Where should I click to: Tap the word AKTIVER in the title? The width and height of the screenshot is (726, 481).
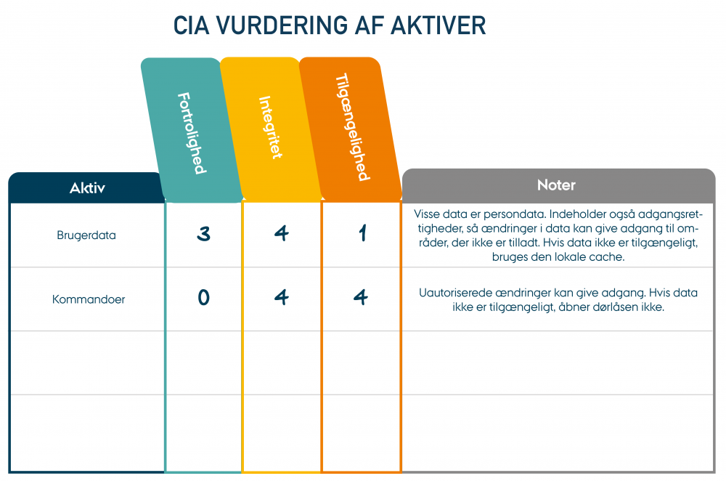[439, 25]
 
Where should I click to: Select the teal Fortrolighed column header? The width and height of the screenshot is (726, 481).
[192, 130]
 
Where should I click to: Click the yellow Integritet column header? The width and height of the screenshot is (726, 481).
[270, 129]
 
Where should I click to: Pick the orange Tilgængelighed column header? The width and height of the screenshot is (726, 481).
[350, 129]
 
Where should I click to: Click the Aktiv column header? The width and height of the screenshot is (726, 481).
[87, 187]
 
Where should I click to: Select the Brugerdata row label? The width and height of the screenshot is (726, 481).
[86, 235]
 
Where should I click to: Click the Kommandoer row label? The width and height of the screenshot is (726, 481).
[89, 299]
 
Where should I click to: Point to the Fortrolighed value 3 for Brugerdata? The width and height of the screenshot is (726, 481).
[204, 233]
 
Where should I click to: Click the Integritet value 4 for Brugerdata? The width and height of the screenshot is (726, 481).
[282, 233]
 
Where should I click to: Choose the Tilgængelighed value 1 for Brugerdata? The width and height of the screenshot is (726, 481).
[362, 233]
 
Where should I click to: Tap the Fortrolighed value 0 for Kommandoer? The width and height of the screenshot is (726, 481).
[204, 297]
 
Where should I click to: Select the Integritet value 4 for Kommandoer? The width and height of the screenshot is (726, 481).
[282, 297]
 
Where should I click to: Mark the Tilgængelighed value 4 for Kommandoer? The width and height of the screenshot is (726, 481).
[361, 297]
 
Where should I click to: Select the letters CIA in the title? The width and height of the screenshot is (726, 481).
[191, 25]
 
